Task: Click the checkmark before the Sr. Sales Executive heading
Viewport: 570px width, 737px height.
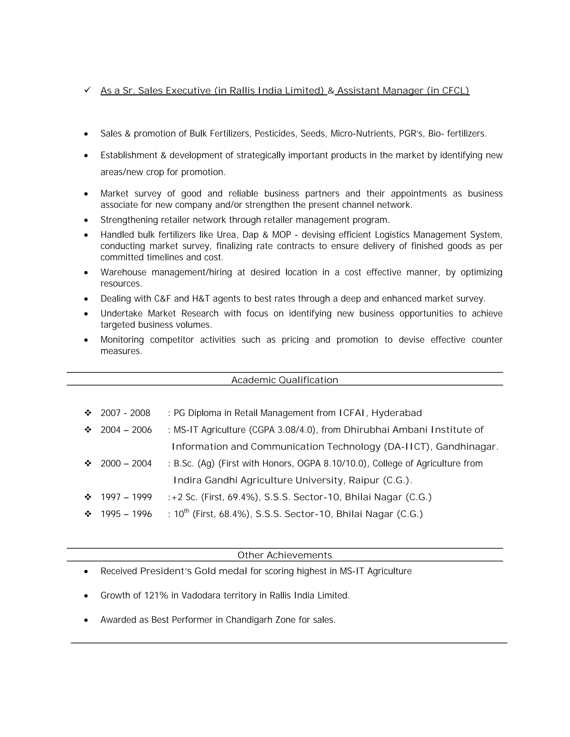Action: (87, 90)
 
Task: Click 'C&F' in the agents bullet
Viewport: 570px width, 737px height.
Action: (163, 299)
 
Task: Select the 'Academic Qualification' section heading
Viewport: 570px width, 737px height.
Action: (285, 380)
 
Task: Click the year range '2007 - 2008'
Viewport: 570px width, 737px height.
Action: (125, 413)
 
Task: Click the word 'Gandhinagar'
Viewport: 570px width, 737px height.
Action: (466, 447)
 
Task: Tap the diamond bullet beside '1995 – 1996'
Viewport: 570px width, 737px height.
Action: (88, 514)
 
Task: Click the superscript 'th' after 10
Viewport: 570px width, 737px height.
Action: (186, 511)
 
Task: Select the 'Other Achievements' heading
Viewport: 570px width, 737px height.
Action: (285, 555)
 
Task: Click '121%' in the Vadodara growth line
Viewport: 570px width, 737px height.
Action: (156, 596)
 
